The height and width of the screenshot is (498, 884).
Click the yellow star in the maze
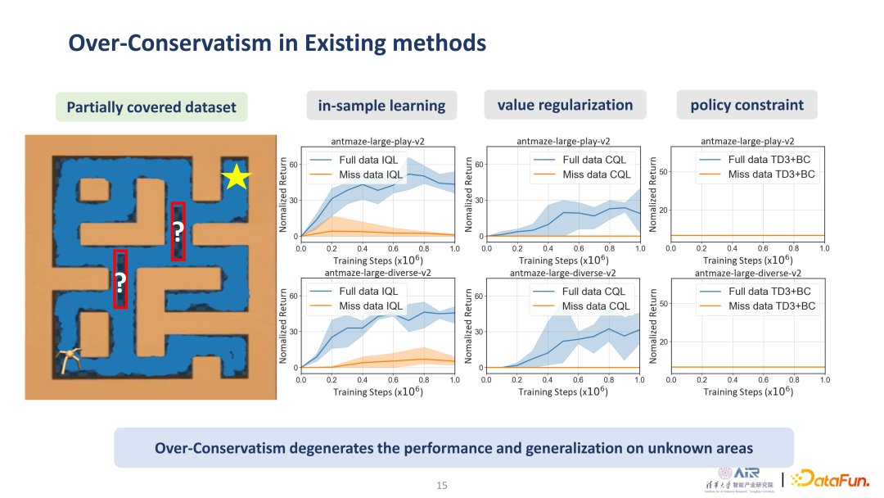point(236,176)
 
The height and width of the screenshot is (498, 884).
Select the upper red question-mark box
point(178,231)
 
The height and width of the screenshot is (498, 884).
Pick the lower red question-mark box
point(120,279)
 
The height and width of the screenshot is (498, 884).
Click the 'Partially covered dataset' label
point(151,107)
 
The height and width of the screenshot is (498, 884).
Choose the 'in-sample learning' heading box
point(381,105)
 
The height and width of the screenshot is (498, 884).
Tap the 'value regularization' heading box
point(565,105)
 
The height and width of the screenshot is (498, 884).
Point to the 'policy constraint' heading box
point(746,105)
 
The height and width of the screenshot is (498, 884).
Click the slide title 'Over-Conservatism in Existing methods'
point(277,43)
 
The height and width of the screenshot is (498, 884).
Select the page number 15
point(442,486)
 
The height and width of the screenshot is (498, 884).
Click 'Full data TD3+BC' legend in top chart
point(771,160)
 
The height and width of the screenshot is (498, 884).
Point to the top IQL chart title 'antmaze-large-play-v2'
point(378,141)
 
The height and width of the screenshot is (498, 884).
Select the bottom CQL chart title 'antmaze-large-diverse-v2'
point(563,273)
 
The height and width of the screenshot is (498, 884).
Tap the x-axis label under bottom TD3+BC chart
point(747,392)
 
